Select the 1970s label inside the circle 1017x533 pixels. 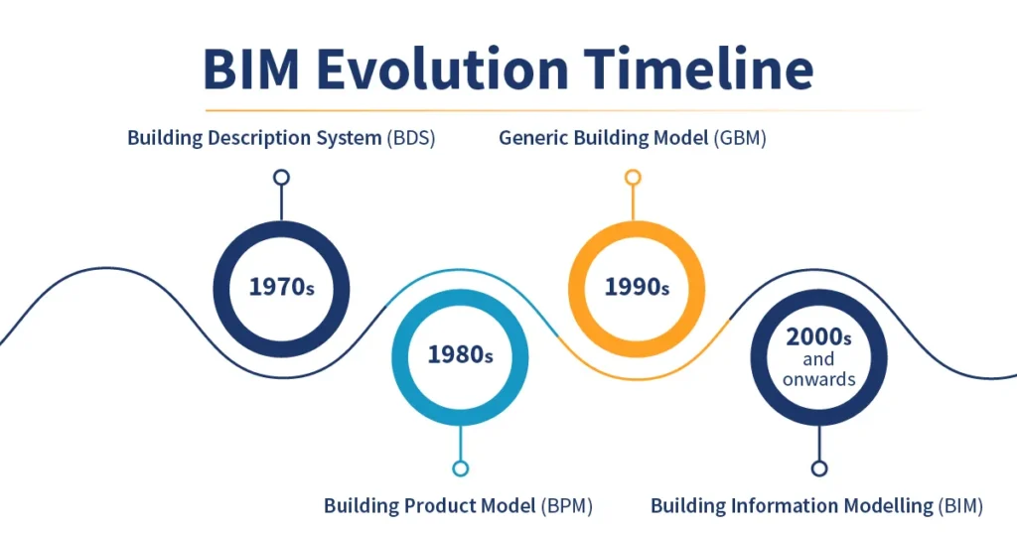tap(281, 287)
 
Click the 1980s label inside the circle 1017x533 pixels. tap(460, 354)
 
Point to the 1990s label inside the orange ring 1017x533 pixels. tap(637, 287)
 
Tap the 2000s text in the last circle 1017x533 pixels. tap(818, 336)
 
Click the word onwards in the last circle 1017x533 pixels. tap(818, 378)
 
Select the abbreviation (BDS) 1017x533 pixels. tap(410, 138)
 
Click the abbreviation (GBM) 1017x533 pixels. tap(740, 138)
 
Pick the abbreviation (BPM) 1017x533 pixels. tap(566, 506)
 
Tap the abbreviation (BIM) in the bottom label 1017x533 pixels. tap(959, 506)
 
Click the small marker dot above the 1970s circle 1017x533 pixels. tap(281, 178)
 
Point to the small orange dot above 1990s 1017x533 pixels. tap(633, 178)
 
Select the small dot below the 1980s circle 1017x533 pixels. tap(460, 468)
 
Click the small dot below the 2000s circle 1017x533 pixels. tap(818, 468)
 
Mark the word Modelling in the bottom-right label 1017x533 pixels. tap(882, 506)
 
